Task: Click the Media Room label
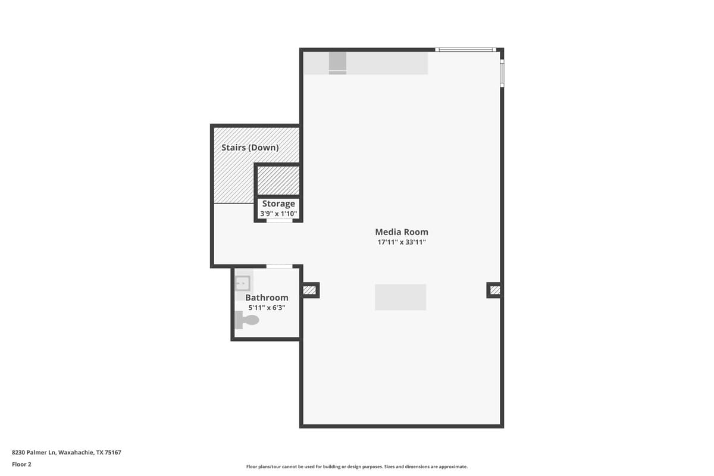[401, 232]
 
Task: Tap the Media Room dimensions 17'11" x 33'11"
[401, 242]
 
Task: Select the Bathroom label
[267, 297]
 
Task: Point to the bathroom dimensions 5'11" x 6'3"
[267, 308]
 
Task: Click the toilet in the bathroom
[248, 321]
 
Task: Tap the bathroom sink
[242, 283]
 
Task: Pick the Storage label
[278, 203]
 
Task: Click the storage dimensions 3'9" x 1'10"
[278, 213]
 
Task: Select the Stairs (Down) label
[250, 147]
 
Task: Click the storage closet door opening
[279, 221]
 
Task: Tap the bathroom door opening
[279, 266]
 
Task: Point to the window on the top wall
[465, 50]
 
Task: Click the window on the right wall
[502, 73]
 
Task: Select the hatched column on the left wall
[309, 290]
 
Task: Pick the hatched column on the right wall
[494, 290]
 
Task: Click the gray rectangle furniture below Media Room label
[400, 297]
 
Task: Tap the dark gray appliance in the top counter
[337, 62]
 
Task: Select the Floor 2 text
[21, 464]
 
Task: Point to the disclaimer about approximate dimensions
[357, 467]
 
